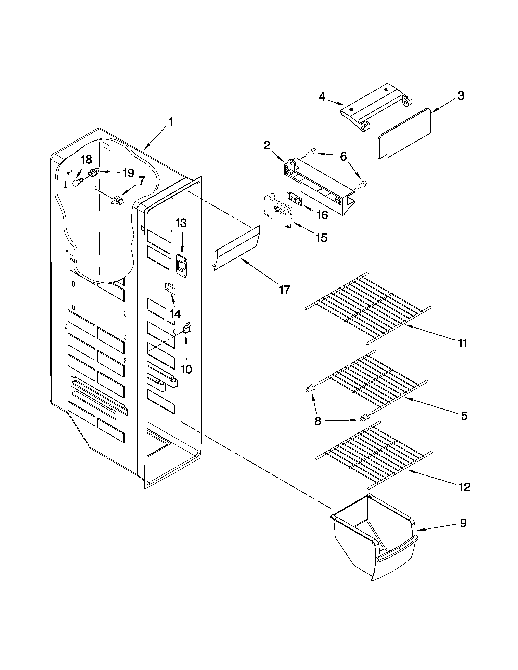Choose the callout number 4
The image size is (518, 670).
pos(321,97)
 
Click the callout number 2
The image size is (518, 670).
pos(267,145)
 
